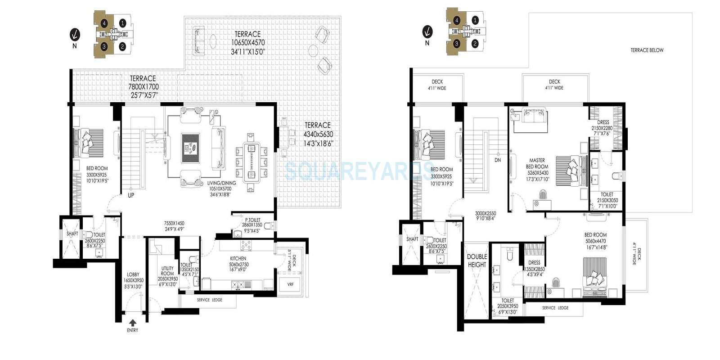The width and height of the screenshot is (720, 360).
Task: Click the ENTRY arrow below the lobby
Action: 133,323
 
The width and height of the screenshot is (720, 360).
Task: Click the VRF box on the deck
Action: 290,284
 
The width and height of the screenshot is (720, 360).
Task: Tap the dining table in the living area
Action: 251,162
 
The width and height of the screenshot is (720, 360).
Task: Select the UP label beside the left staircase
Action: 131,195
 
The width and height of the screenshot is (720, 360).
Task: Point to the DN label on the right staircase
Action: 497,160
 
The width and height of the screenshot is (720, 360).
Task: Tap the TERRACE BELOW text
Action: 647,50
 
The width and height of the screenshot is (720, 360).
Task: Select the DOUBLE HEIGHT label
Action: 477,261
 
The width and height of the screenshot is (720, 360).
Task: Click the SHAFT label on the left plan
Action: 72,234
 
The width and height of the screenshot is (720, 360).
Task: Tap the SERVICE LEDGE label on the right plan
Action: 555,308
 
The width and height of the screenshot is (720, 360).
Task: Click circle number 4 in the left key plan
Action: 104,23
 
